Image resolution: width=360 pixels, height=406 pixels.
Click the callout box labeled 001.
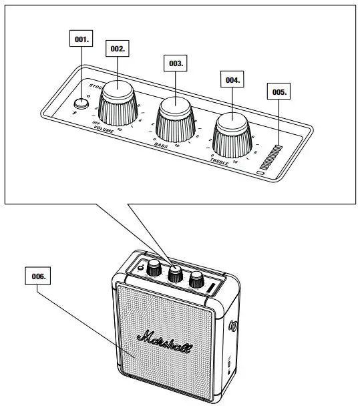tap(81, 40)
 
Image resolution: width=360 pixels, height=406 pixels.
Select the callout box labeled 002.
tap(117, 49)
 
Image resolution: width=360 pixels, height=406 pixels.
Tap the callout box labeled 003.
tap(175, 63)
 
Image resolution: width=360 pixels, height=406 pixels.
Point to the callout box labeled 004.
tap(231, 79)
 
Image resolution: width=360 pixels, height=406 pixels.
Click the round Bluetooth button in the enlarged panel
tap(81, 103)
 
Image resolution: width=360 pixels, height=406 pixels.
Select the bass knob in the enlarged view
tap(176, 116)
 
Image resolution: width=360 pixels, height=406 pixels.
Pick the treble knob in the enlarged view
tap(232, 130)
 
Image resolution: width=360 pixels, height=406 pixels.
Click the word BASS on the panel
tap(160, 145)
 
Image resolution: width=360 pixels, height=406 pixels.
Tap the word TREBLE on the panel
tap(221, 161)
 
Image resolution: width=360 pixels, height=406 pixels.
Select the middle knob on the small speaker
tap(176, 273)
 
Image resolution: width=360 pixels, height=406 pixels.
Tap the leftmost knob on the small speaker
tap(154, 268)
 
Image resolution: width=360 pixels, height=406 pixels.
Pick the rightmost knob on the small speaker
tap(196, 280)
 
